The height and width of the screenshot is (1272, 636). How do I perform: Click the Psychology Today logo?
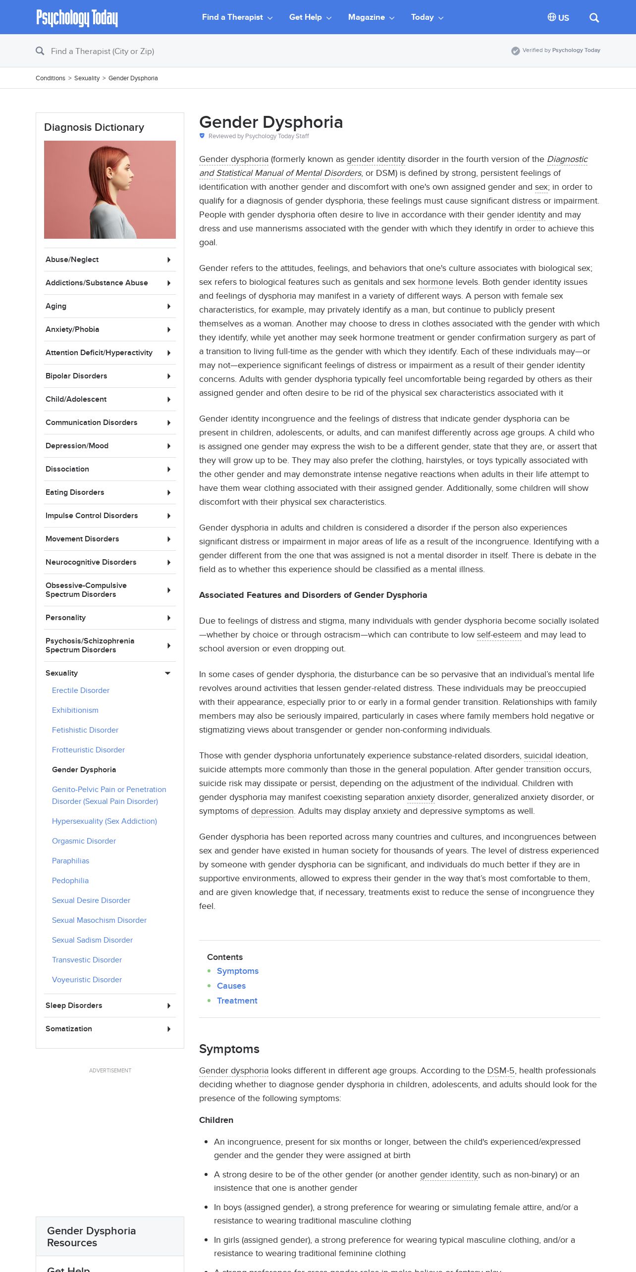(77, 18)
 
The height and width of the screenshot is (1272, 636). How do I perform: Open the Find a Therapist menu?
(237, 17)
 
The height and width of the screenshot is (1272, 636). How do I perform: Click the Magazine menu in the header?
(371, 17)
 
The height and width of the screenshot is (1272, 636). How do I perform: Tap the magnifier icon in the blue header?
(594, 18)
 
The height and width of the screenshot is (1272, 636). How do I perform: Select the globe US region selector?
(558, 18)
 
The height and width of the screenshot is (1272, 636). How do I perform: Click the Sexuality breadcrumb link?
(87, 78)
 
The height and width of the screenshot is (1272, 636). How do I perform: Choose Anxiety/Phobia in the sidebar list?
(72, 329)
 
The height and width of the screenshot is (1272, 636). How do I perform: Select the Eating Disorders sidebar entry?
(75, 492)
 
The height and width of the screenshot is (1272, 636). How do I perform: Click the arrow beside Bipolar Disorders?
(169, 376)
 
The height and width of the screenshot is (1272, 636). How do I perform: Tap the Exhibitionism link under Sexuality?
(75, 710)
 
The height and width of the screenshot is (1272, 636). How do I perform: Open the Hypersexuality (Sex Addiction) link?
(105, 821)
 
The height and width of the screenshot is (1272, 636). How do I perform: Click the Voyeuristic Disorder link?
(87, 980)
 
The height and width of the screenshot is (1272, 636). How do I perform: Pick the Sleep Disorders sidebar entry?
(74, 1006)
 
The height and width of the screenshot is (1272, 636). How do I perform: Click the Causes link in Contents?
(231, 986)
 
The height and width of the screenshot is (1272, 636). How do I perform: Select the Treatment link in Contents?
(237, 1001)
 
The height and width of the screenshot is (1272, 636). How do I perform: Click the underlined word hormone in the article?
(435, 282)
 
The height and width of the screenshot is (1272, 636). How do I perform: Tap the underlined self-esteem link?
(499, 635)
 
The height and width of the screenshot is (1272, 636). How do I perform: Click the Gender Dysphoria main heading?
(271, 122)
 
